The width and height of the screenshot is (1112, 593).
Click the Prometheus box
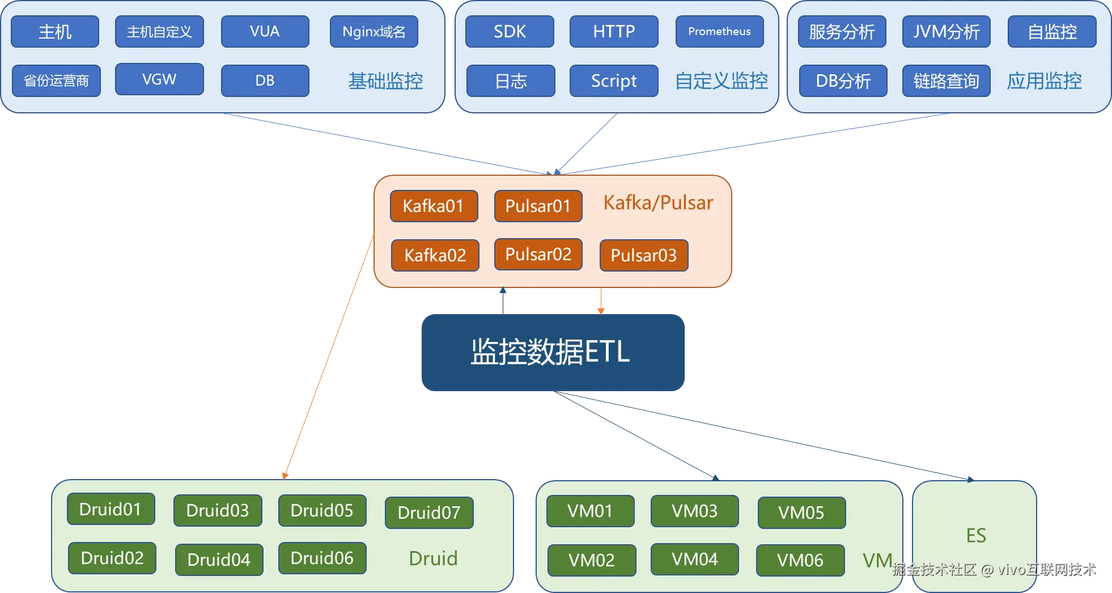tap(719, 32)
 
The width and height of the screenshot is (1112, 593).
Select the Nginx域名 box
tap(374, 32)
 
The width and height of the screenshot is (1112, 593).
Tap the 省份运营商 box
tap(56, 81)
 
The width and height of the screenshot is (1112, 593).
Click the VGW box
tap(159, 79)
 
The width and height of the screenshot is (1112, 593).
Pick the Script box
tap(614, 81)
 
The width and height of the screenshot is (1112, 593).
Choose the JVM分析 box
tap(946, 32)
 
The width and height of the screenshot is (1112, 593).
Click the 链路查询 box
tap(946, 81)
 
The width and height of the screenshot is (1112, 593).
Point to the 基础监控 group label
tap(385, 81)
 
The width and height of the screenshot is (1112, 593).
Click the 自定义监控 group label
tap(721, 81)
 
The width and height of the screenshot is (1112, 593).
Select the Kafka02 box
tap(435, 255)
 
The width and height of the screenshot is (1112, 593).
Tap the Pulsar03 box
tap(644, 255)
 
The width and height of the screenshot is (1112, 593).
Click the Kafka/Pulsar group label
tap(658, 203)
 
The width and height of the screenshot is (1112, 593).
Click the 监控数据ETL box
tap(553, 353)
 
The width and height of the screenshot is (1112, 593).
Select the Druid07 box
tap(429, 513)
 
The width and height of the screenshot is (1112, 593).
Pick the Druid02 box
tap(112, 558)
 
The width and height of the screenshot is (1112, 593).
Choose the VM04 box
tap(694, 560)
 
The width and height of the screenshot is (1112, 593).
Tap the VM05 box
tap(801, 513)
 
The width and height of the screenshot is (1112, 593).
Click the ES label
tap(976, 536)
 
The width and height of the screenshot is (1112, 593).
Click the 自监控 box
tap(1052, 32)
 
